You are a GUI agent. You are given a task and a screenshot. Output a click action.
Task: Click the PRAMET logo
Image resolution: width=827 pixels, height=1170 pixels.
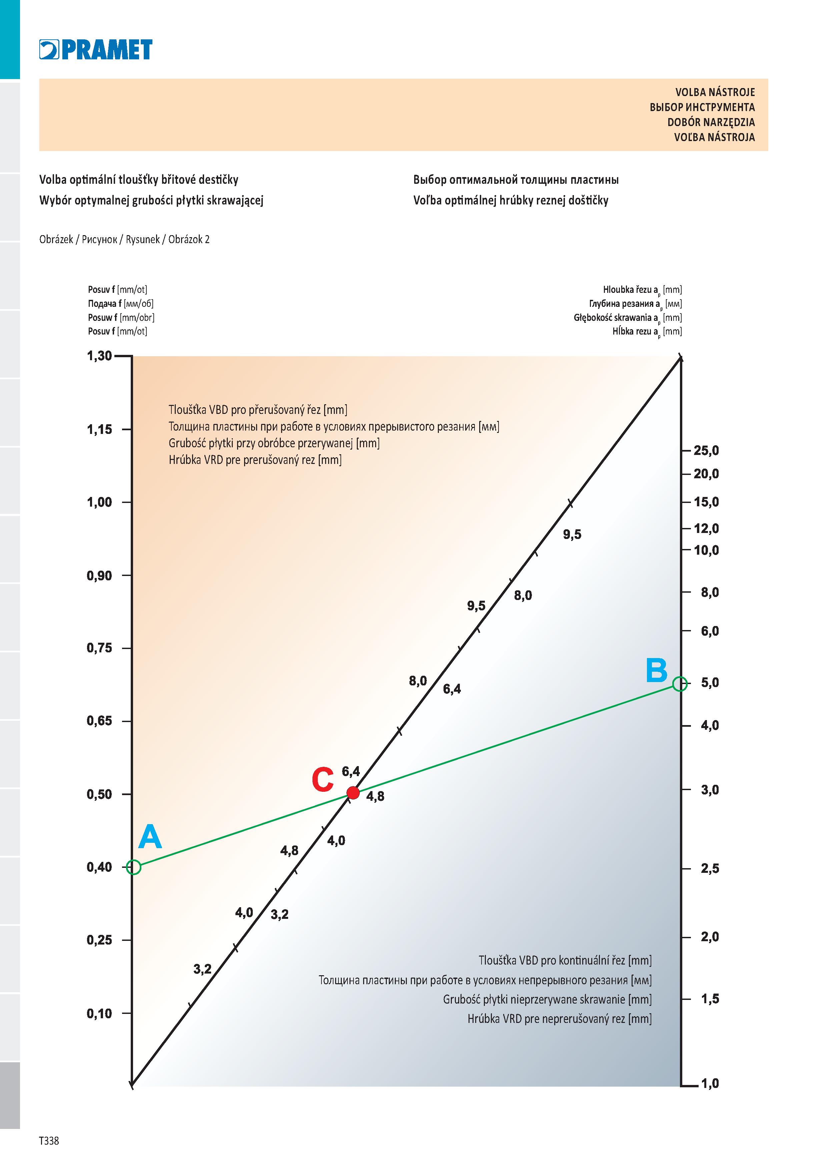[x=96, y=49]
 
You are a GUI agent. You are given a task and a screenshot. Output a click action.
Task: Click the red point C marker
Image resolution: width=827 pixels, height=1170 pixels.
[x=352, y=793]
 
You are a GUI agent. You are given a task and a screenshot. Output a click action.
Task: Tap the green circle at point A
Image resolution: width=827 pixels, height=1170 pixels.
[x=133, y=867]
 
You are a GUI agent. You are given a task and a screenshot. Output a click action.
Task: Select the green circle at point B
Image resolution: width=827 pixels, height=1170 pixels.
[x=680, y=684]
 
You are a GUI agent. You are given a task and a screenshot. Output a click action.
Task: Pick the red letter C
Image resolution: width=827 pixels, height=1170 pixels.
[x=322, y=780]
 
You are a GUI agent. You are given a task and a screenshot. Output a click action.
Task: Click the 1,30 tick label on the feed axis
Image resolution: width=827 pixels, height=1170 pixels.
[x=99, y=356]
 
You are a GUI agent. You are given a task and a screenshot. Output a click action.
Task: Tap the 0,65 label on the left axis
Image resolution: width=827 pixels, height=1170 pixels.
[x=99, y=721]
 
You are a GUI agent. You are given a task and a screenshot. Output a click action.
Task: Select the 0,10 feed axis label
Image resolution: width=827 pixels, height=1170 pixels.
[x=99, y=1014]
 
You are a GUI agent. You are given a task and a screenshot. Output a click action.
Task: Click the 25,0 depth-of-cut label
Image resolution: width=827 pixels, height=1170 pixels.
[x=706, y=451]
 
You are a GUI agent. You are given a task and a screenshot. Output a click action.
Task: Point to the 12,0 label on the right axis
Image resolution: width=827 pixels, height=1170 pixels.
[x=706, y=528]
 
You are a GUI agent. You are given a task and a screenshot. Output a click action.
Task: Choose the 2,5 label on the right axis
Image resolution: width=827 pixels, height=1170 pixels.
[x=710, y=868]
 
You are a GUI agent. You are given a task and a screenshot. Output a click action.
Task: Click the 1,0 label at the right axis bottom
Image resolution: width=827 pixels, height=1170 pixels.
[x=710, y=1083]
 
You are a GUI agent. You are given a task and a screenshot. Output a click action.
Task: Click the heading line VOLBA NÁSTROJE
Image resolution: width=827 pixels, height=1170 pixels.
[x=715, y=92]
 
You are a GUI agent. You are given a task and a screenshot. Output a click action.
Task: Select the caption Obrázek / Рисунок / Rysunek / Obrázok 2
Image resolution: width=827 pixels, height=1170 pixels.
[x=124, y=239]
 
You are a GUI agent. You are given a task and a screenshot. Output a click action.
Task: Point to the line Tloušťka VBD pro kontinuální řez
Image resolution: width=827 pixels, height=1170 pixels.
[x=565, y=961]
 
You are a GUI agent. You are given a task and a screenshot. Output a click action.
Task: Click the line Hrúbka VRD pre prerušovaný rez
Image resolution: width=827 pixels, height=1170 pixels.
[x=255, y=460]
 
